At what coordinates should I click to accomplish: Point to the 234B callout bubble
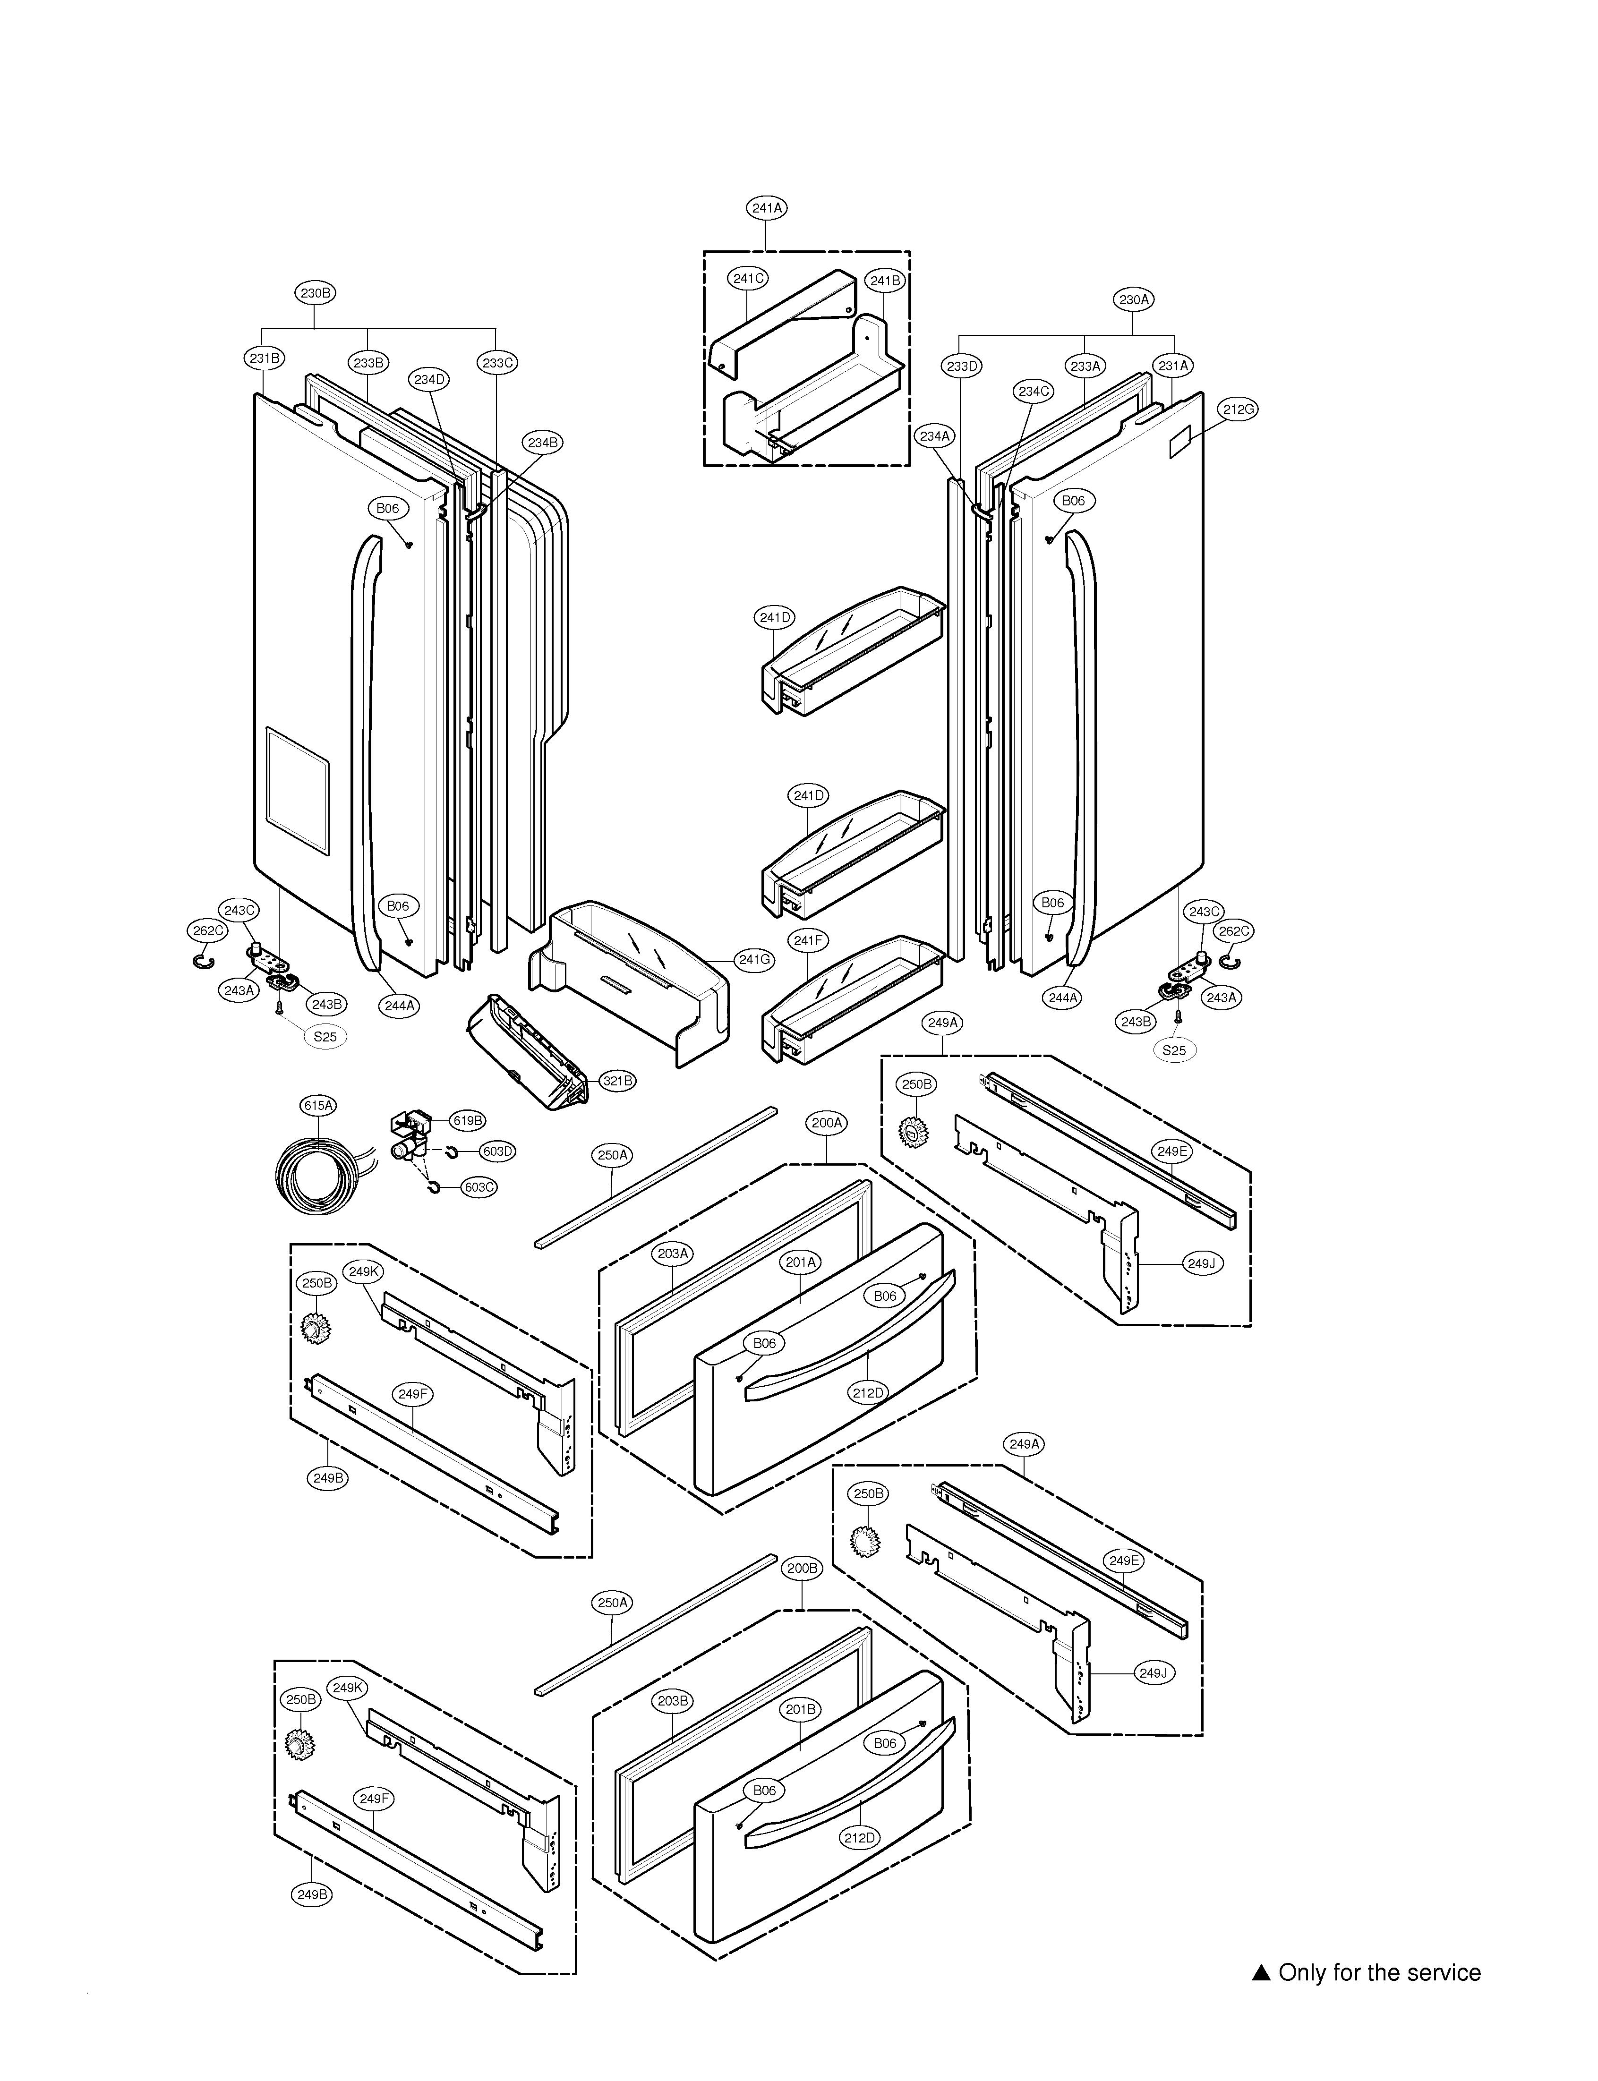pos(543,442)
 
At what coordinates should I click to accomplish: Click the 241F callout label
pos(808,941)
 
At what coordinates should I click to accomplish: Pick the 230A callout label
pos(1134,299)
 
